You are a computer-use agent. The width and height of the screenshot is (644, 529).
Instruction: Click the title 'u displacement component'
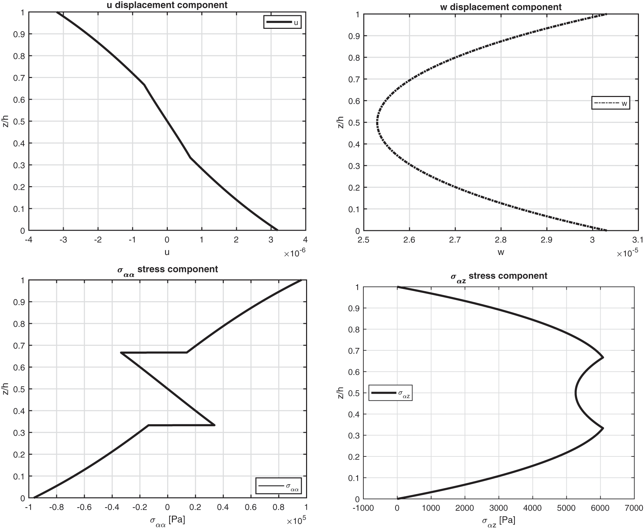[167, 5]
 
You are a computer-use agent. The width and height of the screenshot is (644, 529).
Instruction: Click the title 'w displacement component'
[501, 7]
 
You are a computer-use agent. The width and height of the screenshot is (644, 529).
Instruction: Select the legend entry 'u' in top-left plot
[282, 22]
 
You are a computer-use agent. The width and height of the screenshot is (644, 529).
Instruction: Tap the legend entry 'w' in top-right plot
[611, 103]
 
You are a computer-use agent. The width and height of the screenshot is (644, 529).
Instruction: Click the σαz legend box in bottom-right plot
[390, 393]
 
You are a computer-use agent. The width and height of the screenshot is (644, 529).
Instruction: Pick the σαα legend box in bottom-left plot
[279, 486]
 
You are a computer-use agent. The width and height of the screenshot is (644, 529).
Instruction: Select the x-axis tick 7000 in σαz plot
[634, 508]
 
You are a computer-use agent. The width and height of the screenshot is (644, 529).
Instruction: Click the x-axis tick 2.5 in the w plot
[363, 240]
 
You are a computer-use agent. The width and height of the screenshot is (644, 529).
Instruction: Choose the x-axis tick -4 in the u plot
[28, 240]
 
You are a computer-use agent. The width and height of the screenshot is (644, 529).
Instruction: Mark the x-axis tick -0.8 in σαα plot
[56, 507]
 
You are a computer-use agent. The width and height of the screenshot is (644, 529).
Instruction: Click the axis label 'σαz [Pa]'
[498, 521]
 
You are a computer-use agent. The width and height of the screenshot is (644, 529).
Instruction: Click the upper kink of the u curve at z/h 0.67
[144, 85]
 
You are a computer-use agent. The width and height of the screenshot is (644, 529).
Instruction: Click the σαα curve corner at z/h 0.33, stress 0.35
[215, 425]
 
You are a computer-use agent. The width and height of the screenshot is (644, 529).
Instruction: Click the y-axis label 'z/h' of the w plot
[341, 122]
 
